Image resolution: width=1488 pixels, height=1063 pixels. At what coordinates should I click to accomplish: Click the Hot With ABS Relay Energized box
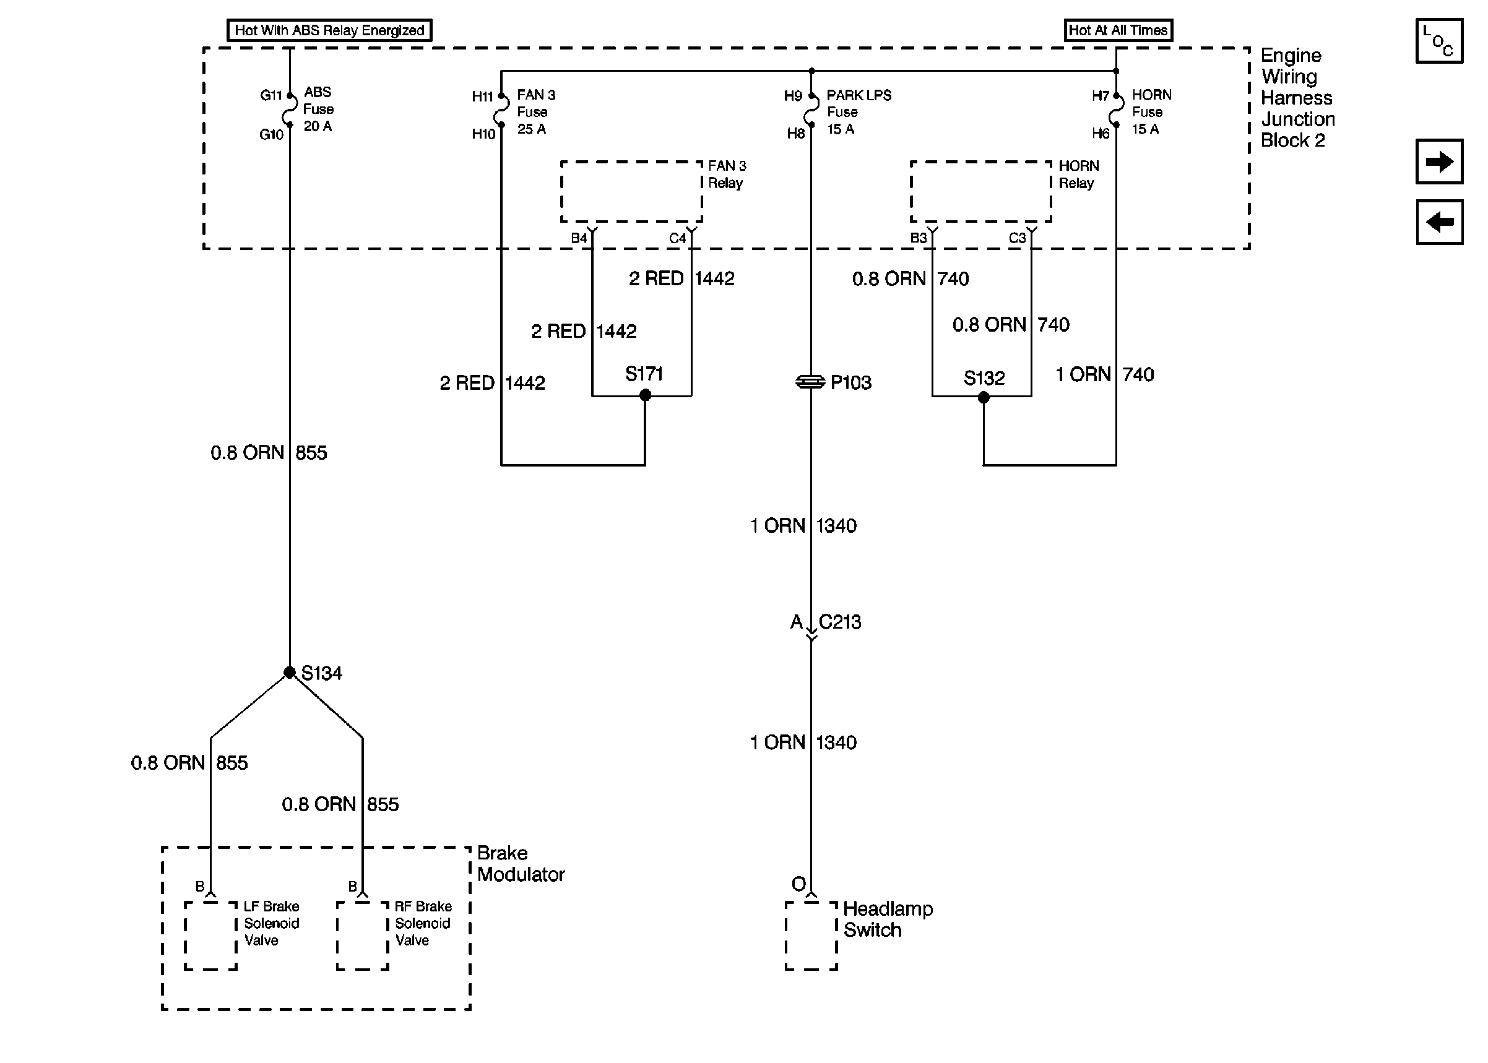[x=329, y=30]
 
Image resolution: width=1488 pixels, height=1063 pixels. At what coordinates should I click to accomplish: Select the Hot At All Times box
[x=1117, y=30]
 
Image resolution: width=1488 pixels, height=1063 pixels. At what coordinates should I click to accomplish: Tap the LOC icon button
[x=1439, y=41]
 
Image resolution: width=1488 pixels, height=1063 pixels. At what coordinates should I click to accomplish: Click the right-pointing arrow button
[x=1439, y=161]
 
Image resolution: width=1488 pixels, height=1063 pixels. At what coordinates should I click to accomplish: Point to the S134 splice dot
[x=289, y=672]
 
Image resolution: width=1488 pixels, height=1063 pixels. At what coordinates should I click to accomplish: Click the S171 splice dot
[x=645, y=395]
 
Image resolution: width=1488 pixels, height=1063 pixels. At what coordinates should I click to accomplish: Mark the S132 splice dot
[x=984, y=397]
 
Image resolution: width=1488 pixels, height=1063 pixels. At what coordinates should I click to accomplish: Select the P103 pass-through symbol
[x=810, y=382]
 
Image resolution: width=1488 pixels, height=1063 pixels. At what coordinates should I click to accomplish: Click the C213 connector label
[x=840, y=622]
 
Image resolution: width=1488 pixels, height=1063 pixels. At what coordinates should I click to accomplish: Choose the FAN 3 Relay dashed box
[x=631, y=192]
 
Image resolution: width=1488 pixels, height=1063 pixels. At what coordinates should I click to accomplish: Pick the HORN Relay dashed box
[x=980, y=192]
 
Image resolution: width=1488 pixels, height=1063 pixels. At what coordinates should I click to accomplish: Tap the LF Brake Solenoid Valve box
[x=211, y=936]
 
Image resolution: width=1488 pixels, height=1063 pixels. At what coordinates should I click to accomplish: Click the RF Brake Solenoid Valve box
[x=363, y=936]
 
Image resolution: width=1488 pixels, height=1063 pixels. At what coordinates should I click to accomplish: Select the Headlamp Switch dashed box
[x=811, y=936]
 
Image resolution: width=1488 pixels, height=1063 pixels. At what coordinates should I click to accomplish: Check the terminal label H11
[x=482, y=97]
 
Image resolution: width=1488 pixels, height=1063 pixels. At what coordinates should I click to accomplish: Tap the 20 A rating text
[x=318, y=126]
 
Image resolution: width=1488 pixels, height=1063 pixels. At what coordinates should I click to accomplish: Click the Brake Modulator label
[x=521, y=863]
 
